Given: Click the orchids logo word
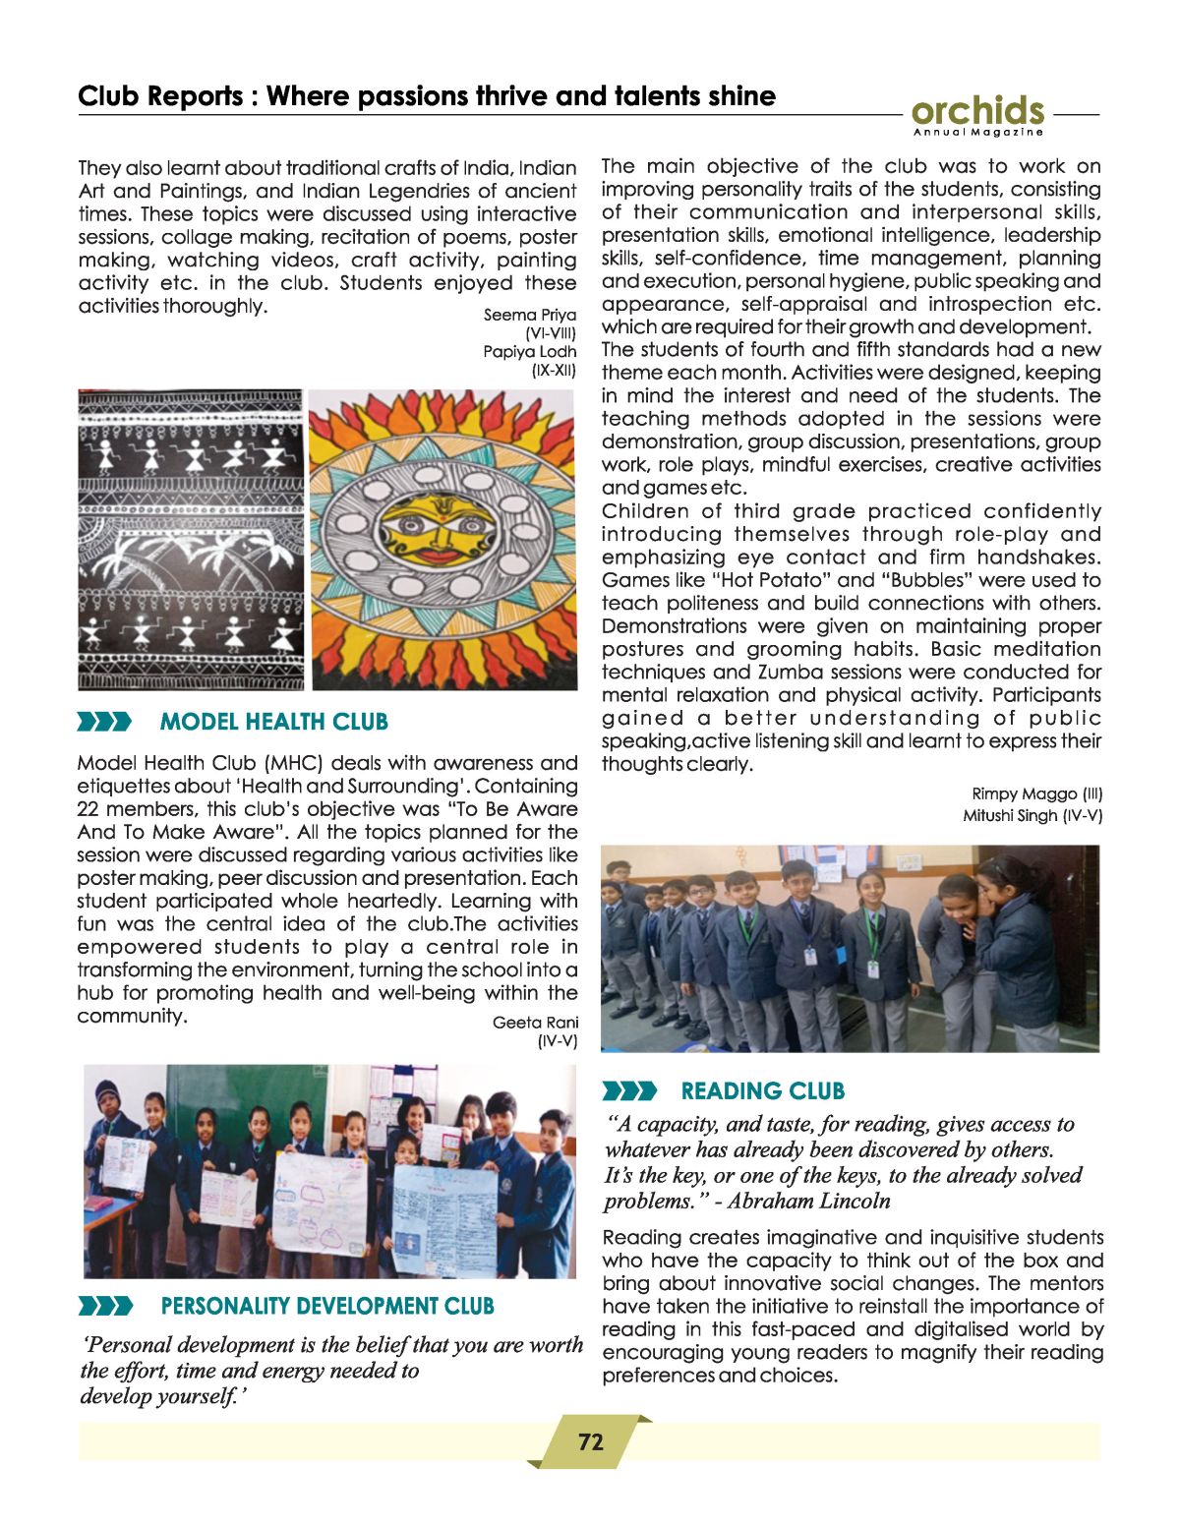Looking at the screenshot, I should coord(977,111).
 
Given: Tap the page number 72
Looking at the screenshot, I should coord(590,1441).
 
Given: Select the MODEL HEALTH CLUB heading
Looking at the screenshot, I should coord(273,722).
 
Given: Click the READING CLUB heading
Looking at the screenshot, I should coord(762,1090).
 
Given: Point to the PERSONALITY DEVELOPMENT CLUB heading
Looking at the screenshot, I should coord(327,1306).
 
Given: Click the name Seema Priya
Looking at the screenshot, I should coord(529,315).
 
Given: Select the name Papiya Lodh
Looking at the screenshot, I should coord(529,351).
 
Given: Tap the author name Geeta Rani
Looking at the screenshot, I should coord(535,1023).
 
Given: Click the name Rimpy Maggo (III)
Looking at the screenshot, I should coord(1036,793).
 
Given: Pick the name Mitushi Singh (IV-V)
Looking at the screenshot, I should coord(1032,815).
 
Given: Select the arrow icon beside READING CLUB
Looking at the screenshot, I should coord(628,1090).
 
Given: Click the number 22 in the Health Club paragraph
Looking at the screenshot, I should coord(89,809).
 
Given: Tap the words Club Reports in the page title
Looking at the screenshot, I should coord(160,96).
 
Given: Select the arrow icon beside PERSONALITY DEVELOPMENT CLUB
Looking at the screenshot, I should coord(104,1307).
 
